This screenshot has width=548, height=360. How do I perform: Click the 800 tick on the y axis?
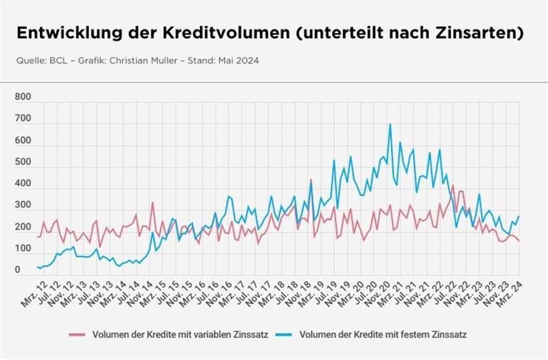click(23, 97)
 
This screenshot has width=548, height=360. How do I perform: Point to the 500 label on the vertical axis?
click(23, 162)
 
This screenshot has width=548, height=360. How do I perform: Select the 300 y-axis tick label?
click(23, 206)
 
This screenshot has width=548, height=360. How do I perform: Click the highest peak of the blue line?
click(390, 124)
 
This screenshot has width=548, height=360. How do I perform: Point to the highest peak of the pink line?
click(311, 180)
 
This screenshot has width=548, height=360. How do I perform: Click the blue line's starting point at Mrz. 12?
click(38, 266)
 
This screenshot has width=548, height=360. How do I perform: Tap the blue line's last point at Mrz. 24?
click(519, 216)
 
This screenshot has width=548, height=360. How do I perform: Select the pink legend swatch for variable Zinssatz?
click(78, 334)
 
